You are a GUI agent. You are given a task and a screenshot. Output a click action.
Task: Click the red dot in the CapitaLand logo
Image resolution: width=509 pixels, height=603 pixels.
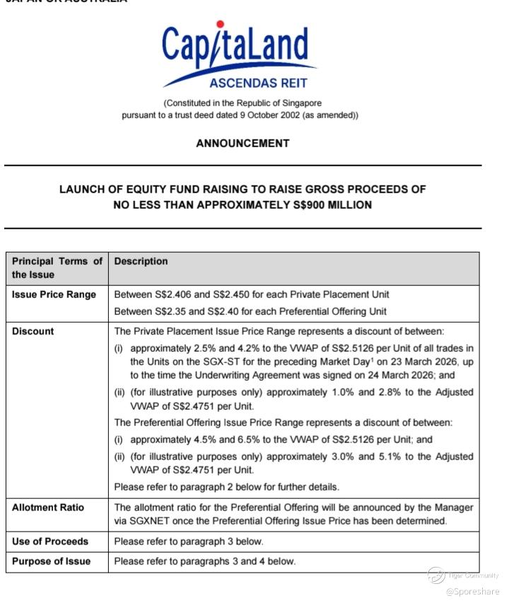tap(221, 25)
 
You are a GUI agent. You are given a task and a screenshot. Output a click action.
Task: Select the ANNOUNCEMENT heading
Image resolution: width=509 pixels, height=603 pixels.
tap(242, 143)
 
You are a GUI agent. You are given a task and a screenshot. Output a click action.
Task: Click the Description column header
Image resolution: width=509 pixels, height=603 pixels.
tap(141, 261)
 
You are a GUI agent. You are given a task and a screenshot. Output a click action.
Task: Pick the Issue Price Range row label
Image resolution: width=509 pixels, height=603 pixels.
tap(54, 294)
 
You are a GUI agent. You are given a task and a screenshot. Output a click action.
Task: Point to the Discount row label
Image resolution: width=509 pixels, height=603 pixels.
tap(33, 331)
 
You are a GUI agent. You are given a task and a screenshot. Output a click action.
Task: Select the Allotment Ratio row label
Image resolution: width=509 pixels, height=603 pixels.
tap(47, 507)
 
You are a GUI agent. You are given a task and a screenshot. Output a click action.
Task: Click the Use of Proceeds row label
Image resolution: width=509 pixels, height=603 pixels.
tap(50, 541)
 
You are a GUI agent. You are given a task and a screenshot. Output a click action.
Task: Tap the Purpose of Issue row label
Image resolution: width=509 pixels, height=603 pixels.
tap(51, 561)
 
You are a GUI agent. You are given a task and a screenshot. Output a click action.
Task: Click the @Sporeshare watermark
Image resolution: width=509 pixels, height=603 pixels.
tap(472, 592)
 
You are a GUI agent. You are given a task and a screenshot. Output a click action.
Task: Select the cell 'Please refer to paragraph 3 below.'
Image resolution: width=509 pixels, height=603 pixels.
tap(188, 541)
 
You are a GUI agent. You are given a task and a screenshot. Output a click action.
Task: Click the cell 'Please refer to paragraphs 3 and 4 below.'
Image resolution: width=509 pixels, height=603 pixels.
tap(205, 561)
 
